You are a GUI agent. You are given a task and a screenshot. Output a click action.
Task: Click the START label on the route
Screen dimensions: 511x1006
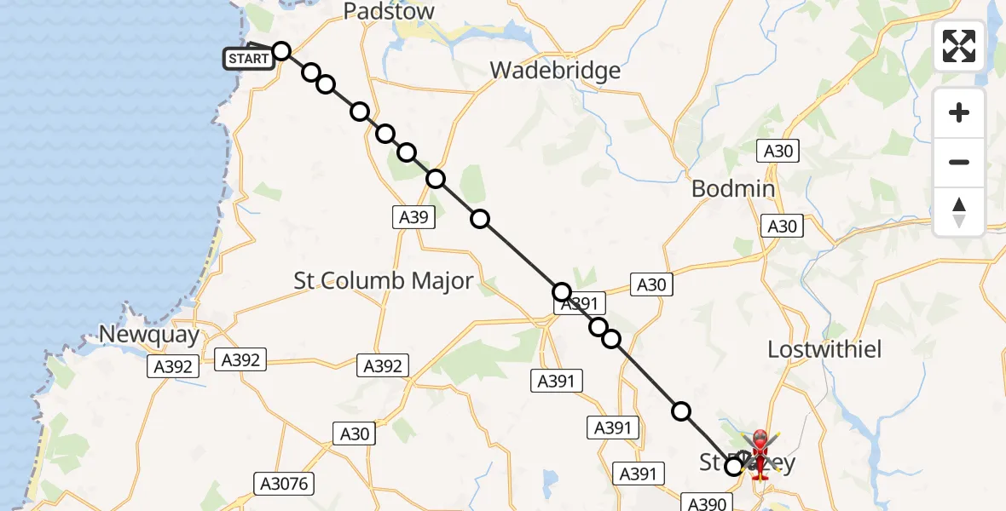(249, 59)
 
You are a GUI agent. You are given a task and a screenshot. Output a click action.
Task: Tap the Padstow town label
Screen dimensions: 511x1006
(389, 12)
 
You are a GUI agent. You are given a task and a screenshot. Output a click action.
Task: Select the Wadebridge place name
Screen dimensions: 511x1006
(555, 71)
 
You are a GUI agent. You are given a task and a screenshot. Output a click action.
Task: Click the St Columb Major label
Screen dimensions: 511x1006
(383, 280)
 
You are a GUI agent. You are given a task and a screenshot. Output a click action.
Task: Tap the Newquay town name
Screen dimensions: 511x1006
(149, 334)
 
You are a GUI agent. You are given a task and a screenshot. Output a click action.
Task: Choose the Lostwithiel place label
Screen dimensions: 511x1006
(824, 349)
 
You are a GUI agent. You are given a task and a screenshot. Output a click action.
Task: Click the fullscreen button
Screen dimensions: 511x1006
(959, 46)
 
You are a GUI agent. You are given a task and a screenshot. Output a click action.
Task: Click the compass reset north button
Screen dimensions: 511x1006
(959, 212)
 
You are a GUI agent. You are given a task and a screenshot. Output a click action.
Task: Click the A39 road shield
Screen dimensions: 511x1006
(414, 217)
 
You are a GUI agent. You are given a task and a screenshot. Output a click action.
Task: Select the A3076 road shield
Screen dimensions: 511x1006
(284, 485)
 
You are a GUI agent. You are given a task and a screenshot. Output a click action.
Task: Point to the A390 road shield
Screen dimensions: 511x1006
(707, 503)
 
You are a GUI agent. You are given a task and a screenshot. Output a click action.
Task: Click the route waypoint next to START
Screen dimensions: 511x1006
(281, 51)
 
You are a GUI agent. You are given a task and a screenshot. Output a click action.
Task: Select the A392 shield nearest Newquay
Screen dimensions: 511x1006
(174, 366)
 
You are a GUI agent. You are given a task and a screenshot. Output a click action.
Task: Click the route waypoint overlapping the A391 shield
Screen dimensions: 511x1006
(561, 292)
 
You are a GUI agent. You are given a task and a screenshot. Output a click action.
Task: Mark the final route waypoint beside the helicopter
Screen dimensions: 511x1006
(733, 466)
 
